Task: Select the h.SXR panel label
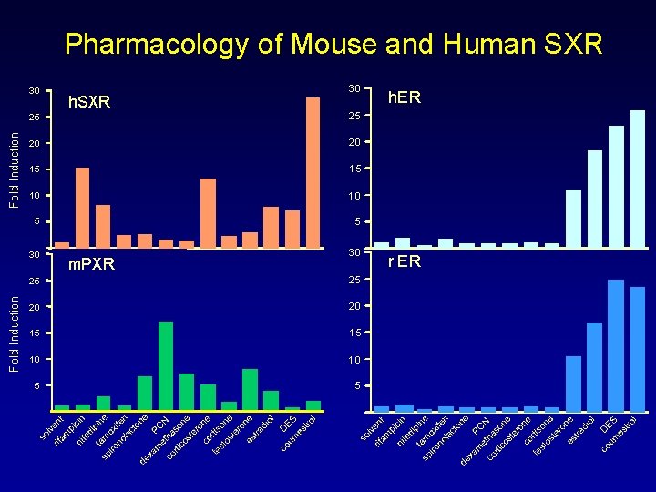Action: click(x=89, y=103)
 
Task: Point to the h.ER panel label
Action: click(x=404, y=97)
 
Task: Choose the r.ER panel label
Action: click(x=404, y=261)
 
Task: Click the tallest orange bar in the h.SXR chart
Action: click(x=313, y=173)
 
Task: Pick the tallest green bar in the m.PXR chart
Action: click(x=166, y=365)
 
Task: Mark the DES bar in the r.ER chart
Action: click(x=616, y=345)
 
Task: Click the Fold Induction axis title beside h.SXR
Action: click(x=14, y=167)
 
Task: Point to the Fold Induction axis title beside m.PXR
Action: click(x=14, y=331)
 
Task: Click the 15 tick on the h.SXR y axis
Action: click(x=33, y=170)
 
